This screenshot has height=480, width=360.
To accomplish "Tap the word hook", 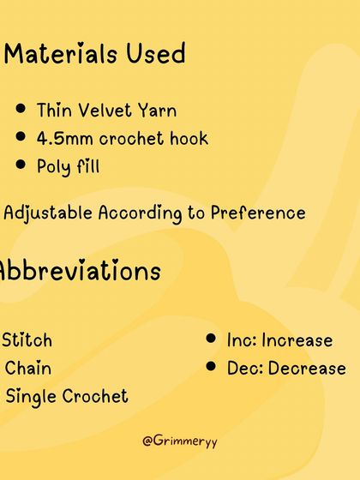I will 188,138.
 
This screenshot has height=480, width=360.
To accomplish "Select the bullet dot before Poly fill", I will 21,165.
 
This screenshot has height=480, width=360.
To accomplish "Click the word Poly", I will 54,166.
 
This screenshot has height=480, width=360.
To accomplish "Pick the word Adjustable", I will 49,213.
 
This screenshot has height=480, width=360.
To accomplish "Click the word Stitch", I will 27,340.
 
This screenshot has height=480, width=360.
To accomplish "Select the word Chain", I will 28,369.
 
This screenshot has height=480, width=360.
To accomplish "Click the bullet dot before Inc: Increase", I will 210,339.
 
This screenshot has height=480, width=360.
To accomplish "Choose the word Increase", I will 297,340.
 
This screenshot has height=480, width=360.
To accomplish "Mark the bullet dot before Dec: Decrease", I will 210,367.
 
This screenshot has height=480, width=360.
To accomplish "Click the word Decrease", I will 307,369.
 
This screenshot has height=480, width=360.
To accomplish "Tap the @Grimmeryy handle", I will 180,441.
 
